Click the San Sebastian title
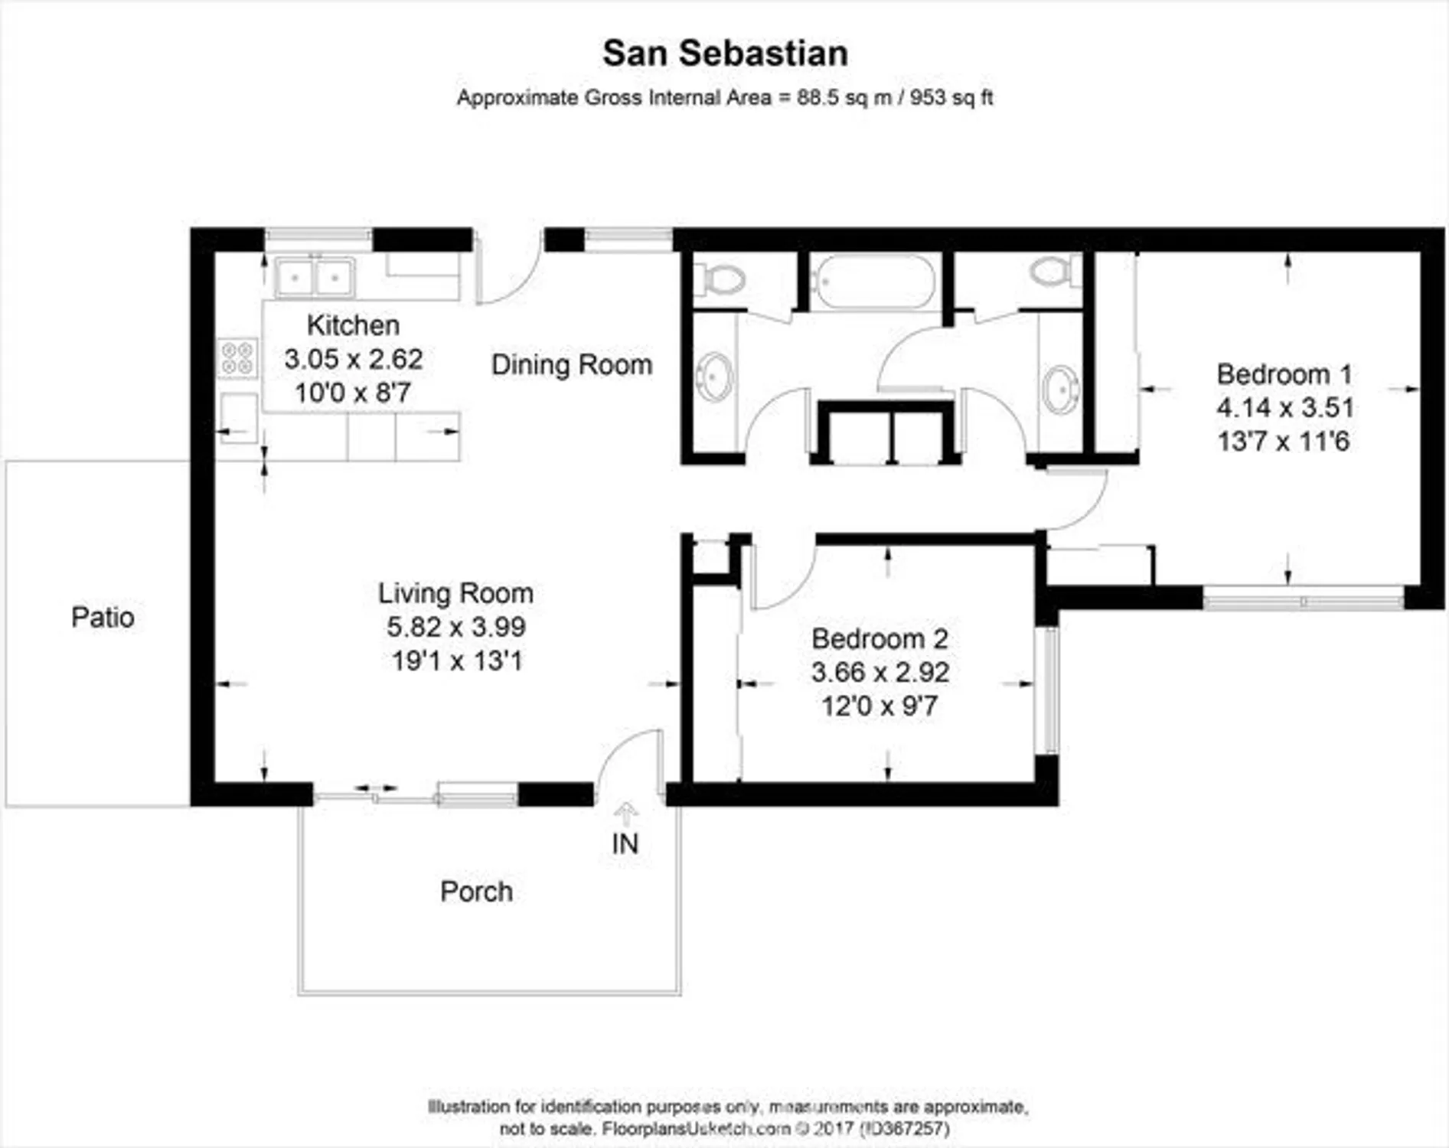click(x=725, y=54)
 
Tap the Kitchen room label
click(x=353, y=325)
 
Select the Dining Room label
click(x=572, y=365)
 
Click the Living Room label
click(x=455, y=593)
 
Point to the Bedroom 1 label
click(x=1284, y=374)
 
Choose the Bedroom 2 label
click(x=880, y=638)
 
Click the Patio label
click(x=103, y=617)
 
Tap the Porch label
click(x=476, y=892)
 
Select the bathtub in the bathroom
click(x=873, y=281)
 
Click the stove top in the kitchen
click(x=237, y=358)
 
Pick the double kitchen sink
click(x=315, y=277)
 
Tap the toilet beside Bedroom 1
click(x=1054, y=271)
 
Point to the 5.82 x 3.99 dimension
click(x=455, y=627)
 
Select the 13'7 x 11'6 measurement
click(x=1283, y=442)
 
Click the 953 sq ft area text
click(x=951, y=98)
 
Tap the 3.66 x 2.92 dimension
click(x=880, y=672)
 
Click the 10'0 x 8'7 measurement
click(x=353, y=393)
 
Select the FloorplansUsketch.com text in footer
click(x=696, y=1129)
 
